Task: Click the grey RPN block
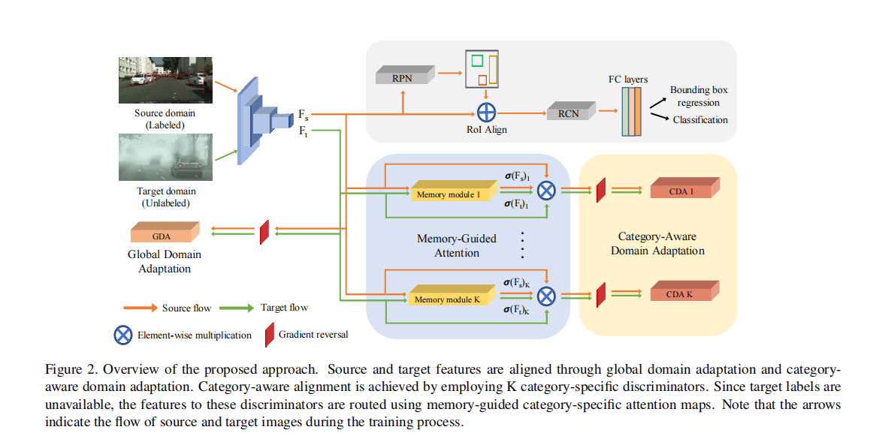404,76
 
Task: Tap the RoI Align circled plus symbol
486,112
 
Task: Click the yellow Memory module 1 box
449,193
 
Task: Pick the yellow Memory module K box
449,298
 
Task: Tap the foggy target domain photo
165,156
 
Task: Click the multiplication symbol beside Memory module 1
546,191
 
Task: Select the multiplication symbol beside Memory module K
546,296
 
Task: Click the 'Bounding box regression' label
698,96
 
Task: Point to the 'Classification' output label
699,119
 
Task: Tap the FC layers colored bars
630,112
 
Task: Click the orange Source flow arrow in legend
140,308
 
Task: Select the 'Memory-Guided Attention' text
456,245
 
